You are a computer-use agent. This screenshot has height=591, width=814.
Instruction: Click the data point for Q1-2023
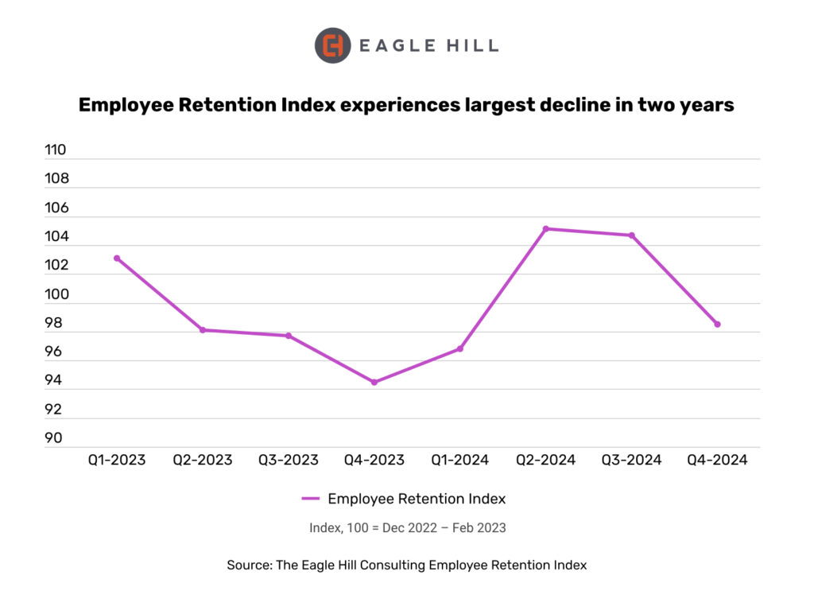tap(117, 258)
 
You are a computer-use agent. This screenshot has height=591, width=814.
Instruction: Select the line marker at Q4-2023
tap(374, 382)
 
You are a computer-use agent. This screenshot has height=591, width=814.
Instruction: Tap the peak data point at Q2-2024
tap(546, 228)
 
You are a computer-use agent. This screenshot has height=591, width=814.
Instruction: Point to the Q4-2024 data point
tap(717, 324)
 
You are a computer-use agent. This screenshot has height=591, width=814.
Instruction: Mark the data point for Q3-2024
tap(632, 235)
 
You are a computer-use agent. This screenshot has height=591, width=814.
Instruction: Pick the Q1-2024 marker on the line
tap(460, 348)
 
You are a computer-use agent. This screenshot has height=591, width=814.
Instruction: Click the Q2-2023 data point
tap(203, 329)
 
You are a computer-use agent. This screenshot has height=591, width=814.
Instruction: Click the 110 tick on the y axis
tap(56, 150)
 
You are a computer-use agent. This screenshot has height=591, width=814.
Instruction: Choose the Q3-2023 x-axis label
tap(288, 460)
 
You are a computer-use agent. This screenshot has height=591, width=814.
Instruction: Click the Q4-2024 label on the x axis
tap(717, 460)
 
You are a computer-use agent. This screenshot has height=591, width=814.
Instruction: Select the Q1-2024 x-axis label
tap(459, 460)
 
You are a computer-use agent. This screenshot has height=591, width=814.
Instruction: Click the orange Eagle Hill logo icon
tap(333, 45)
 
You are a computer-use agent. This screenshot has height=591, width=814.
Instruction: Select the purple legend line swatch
tap(311, 499)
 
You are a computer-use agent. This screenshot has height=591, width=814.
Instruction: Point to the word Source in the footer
tap(249, 565)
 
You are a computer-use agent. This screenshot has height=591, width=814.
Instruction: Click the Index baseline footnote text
tap(407, 527)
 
